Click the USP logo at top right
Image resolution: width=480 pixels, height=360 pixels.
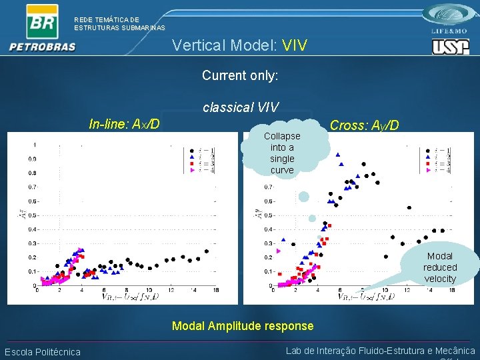pos(450,47)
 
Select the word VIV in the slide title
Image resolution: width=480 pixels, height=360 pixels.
pos(295,45)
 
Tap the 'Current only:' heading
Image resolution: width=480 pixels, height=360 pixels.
pos(240,75)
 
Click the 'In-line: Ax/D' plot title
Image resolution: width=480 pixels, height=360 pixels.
pos(124,124)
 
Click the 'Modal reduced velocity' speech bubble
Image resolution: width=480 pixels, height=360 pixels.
pos(440,267)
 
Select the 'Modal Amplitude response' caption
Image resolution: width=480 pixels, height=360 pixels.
pos(243,326)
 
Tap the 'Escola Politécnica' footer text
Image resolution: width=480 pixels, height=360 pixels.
pos(43,352)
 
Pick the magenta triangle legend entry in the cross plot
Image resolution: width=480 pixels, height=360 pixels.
pos(435,171)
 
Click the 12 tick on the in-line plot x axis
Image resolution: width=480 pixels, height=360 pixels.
pos(171,290)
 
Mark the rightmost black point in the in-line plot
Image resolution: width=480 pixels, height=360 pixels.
pos(207,251)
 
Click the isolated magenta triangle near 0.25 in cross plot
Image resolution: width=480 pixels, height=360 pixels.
pos(279,251)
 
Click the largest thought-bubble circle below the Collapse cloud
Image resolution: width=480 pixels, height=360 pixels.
pos(303,197)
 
